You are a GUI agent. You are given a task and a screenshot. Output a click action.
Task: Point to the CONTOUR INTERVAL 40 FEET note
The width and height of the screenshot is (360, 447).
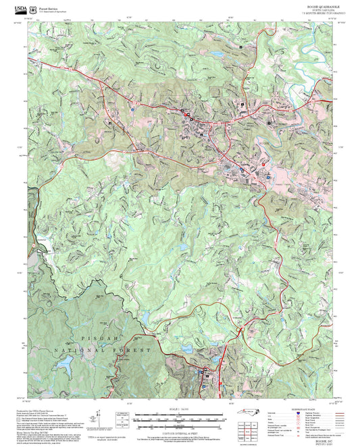click(x=180, y=429)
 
